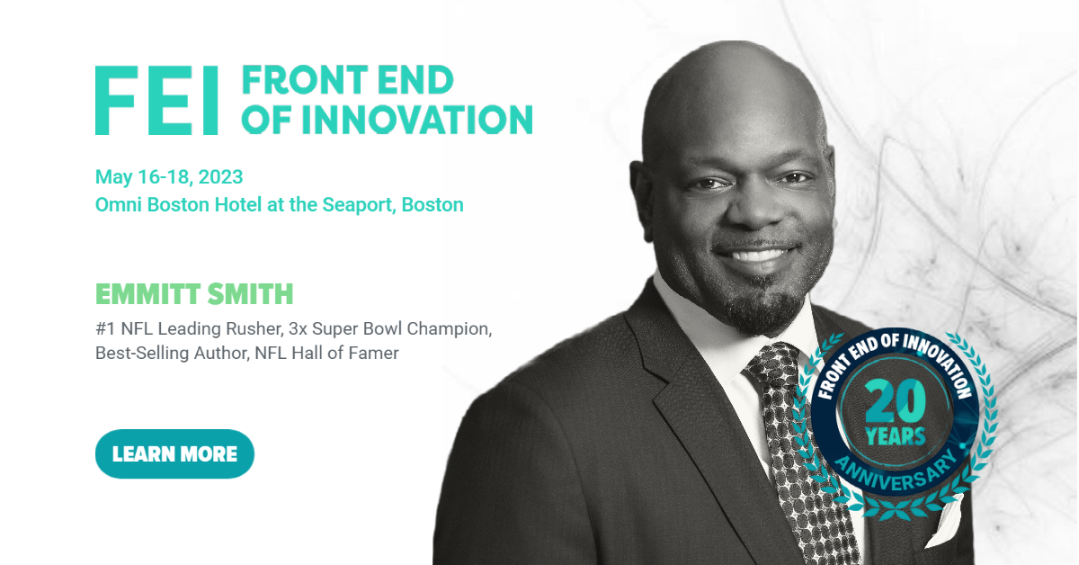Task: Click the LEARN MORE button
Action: tap(174, 453)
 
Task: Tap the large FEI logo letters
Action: tap(156, 100)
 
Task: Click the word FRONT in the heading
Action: tap(305, 79)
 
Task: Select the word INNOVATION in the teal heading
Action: tap(417, 119)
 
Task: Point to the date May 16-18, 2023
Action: tap(169, 177)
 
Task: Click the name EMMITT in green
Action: tap(147, 293)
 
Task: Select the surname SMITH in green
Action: tap(251, 293)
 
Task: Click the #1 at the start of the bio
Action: tap(105, 328)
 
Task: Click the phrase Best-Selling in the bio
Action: tap(142, 354)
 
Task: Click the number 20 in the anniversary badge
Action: tap(896, 401)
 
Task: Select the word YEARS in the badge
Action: tap(896, 436)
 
